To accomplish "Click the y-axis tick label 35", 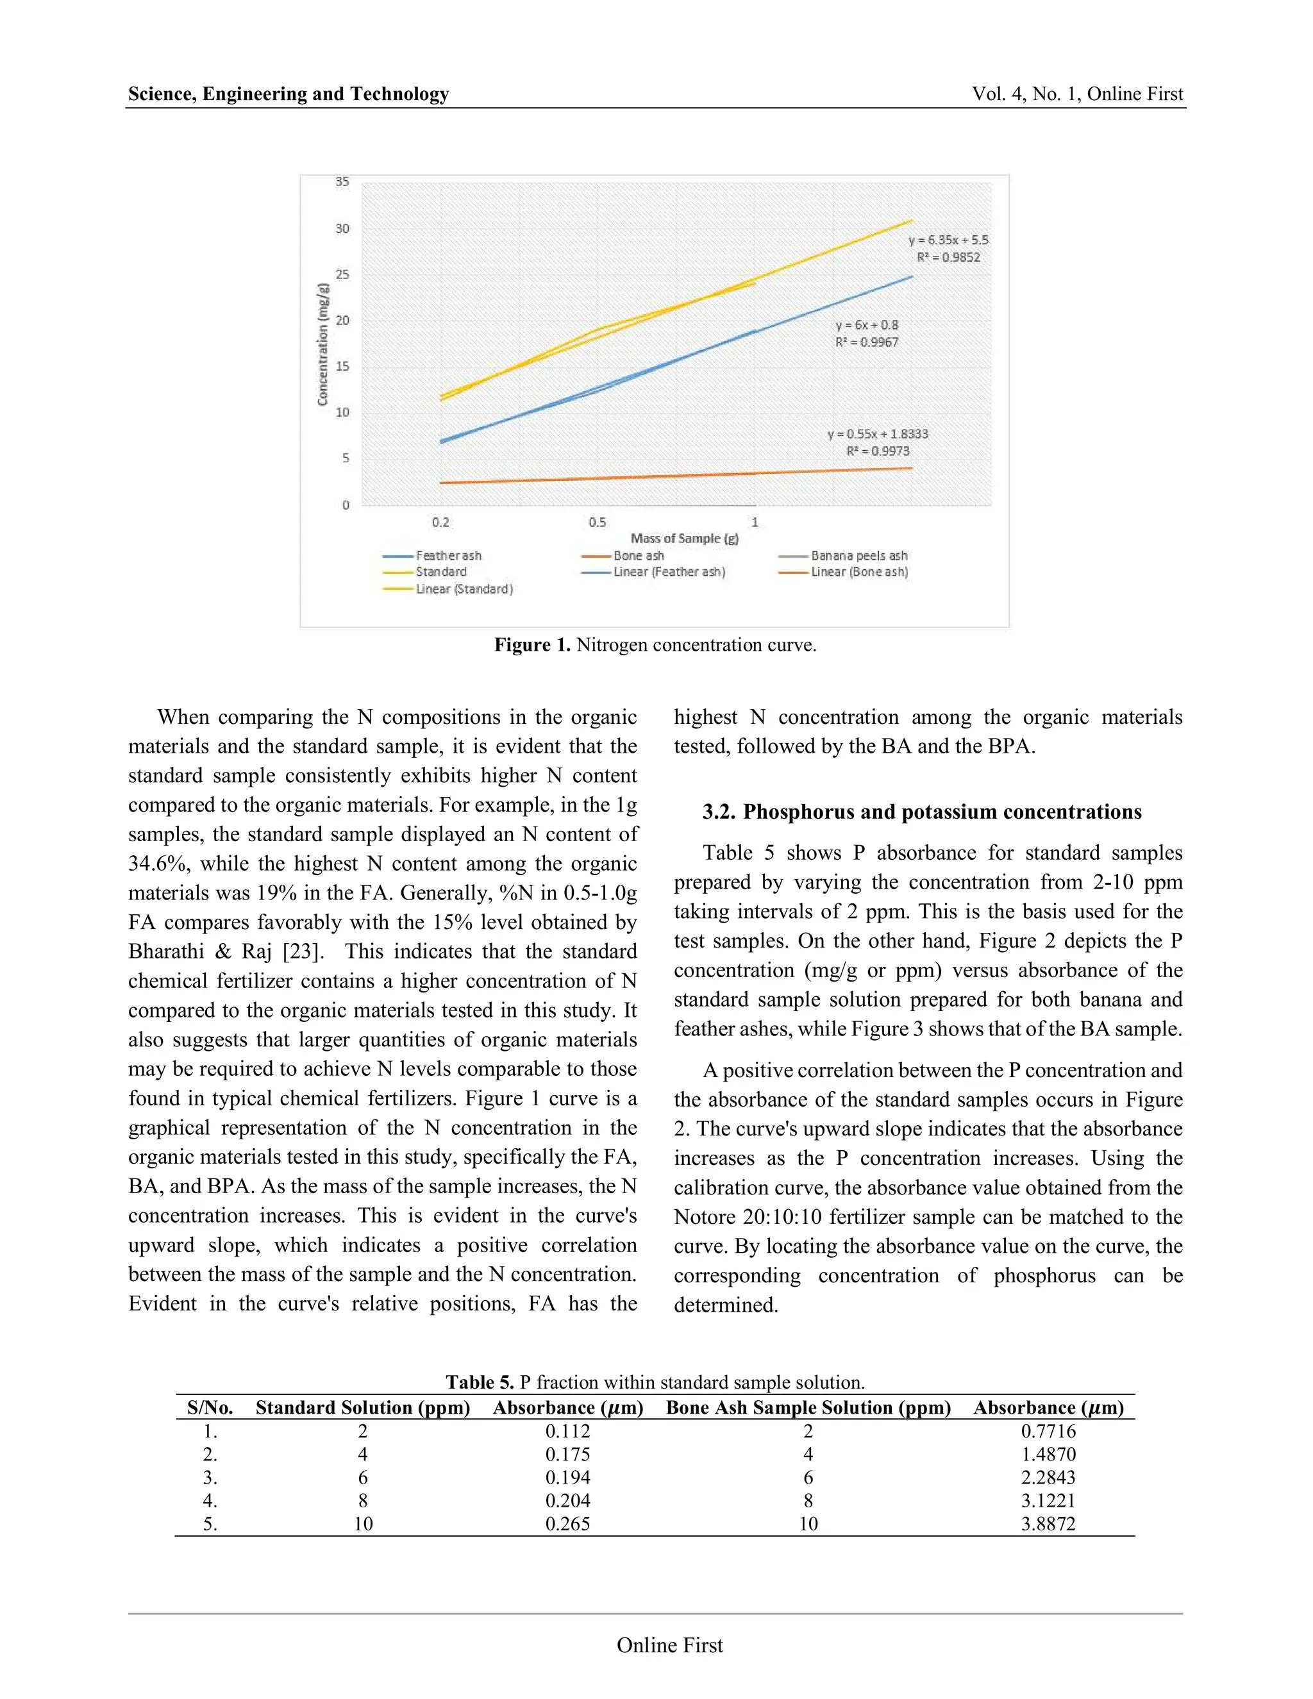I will (342, 182).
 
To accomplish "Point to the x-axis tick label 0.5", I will (597, 522).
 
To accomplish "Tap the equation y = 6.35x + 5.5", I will (948, 240).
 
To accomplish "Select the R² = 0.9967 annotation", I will (867, 342).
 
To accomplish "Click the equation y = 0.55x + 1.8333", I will (878, 434).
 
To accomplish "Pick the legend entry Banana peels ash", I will (858, 555).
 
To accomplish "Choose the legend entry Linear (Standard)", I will (464, 589).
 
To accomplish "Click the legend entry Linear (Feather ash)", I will (669, 572).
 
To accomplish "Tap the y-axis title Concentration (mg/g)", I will (323, 344).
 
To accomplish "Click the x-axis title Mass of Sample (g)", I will (685, 539).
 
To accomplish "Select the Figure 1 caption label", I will (533, 645).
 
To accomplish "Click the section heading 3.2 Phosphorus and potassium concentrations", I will (922, 812).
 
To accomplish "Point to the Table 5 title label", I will (479, 1382).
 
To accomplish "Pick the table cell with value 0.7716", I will (1048, 1432).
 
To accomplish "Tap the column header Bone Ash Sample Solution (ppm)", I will (808, 1407).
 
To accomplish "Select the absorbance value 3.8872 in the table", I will (1048, 1524).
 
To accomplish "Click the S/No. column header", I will (210, 1407).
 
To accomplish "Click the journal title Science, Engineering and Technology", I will (289, 94).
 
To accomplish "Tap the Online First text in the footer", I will (670, 1645).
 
